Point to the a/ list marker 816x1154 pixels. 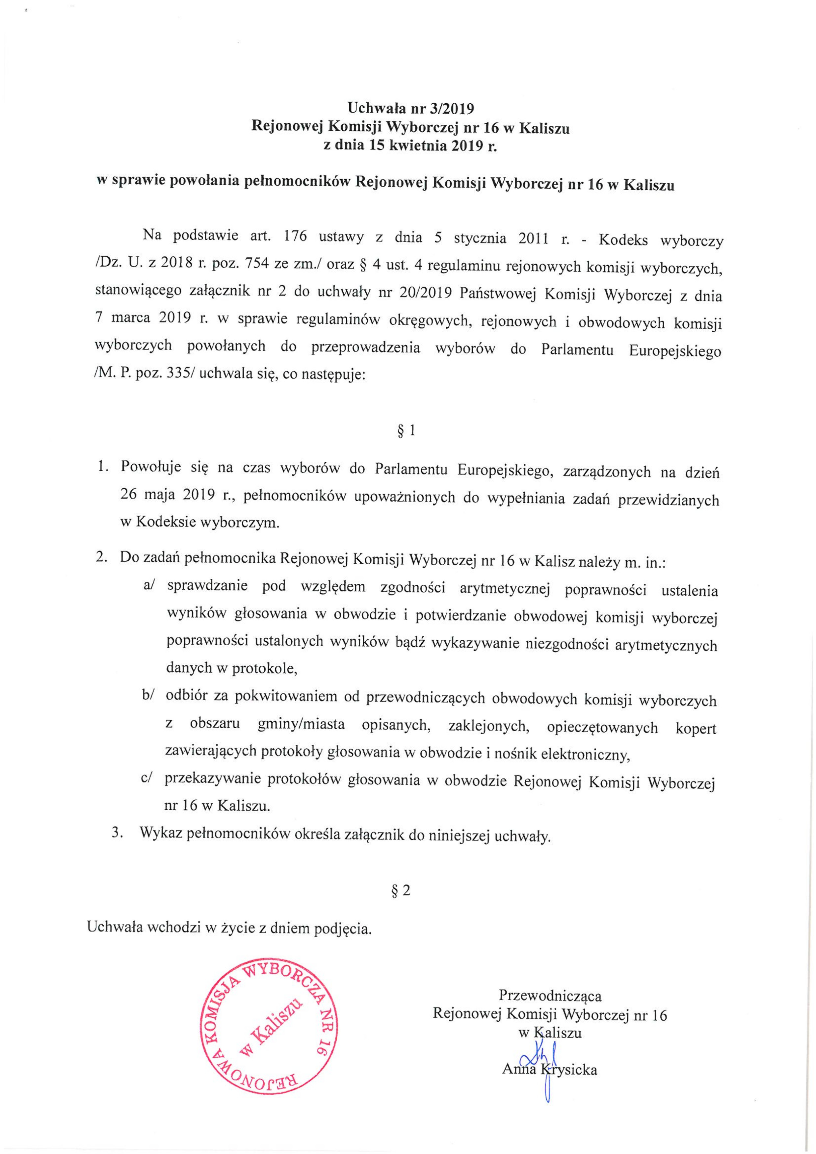point(150,587)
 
